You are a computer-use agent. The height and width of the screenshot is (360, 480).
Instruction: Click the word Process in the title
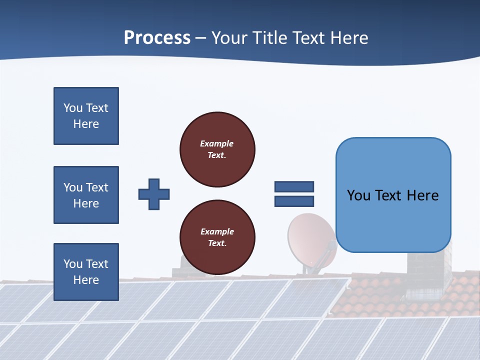[x=157, y=38]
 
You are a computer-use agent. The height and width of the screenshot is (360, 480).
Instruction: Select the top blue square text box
[x=86, y=116]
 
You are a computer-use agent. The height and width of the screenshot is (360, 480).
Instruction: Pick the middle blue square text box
[x=86, y=195]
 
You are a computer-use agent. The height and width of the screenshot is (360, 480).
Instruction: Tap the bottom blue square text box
[x=86, y=272]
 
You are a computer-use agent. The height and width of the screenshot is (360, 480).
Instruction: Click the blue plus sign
[x=154, y=194]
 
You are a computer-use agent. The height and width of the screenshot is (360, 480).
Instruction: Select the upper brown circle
[x=217, y=149]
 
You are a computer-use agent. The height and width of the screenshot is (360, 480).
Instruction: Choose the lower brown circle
[x=217, y=237]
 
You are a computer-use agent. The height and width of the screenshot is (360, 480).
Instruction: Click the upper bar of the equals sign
[x=294, y=186]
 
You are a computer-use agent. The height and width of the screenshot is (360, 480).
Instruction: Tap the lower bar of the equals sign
[x=294, y=201]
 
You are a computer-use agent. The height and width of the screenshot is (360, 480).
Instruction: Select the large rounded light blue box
[x=393, y=195]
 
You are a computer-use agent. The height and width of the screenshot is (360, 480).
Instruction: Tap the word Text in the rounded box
[x=389, y=195]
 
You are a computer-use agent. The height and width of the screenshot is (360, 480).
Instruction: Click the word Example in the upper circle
[x=217, y=143]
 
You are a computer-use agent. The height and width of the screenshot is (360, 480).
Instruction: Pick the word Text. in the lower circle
[x=217, y=243]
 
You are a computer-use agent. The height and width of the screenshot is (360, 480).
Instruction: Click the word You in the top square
[x=72, y=108]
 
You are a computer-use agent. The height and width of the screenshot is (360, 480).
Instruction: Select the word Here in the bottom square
[x=86, y=280]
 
